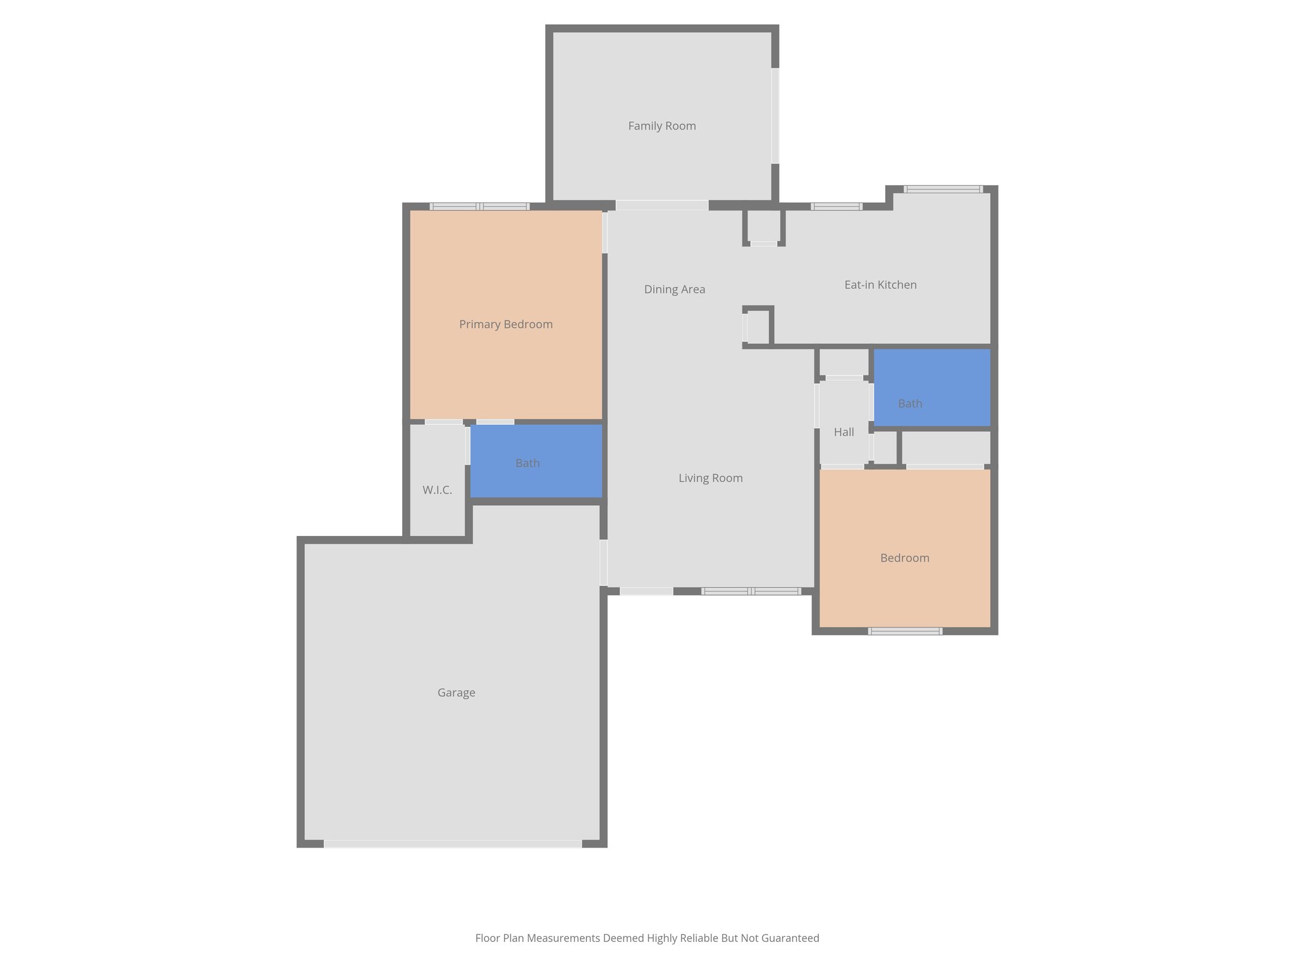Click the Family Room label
point(661,126)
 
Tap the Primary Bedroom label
point(505,324)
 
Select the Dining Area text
point(674,290)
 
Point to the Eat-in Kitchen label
point(880,285)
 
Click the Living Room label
point(710,478)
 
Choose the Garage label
point(456,693)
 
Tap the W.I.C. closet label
point(437,490)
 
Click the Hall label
point(844,432)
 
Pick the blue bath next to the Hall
point(931,388)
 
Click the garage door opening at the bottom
point(453,843)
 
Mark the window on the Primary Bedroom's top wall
point(479,206)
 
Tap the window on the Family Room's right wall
point(775,116)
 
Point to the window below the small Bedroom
point(905,631)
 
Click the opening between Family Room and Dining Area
point(661,205)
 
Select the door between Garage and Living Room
point(603,562)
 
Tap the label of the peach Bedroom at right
point(904,558)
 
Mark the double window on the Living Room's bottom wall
point(751,591)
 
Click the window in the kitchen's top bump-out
point(943,189)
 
